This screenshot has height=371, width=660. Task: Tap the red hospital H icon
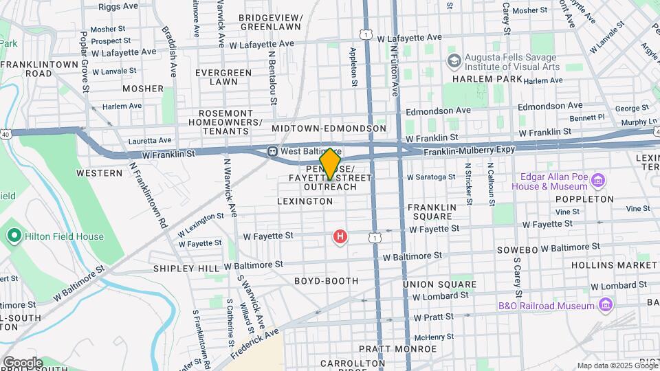(340, 238)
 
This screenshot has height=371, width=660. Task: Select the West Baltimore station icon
(273, 151)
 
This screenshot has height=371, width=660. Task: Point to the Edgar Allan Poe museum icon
(598, 181)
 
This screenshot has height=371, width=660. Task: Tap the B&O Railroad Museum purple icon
(605, 304)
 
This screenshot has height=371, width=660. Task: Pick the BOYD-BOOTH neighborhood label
(326, 281)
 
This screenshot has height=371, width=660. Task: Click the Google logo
(23, 362)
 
